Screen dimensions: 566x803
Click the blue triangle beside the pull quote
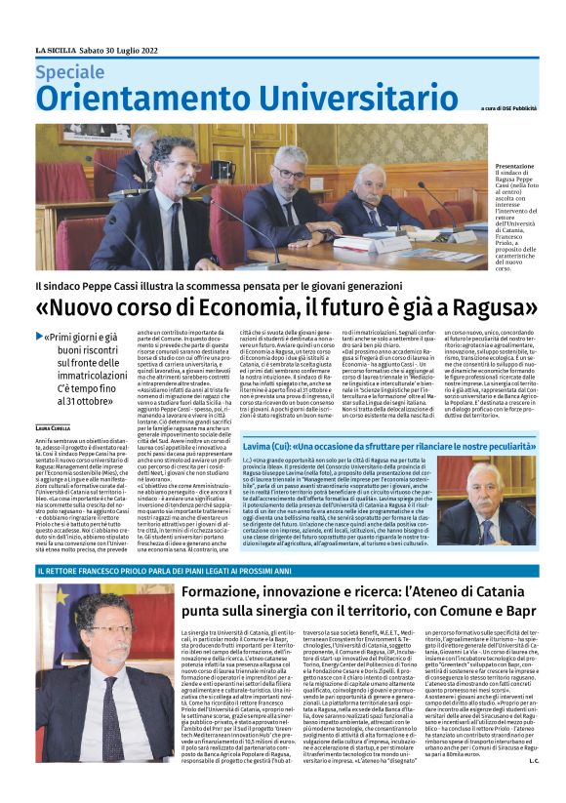(x=40, y=337)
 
